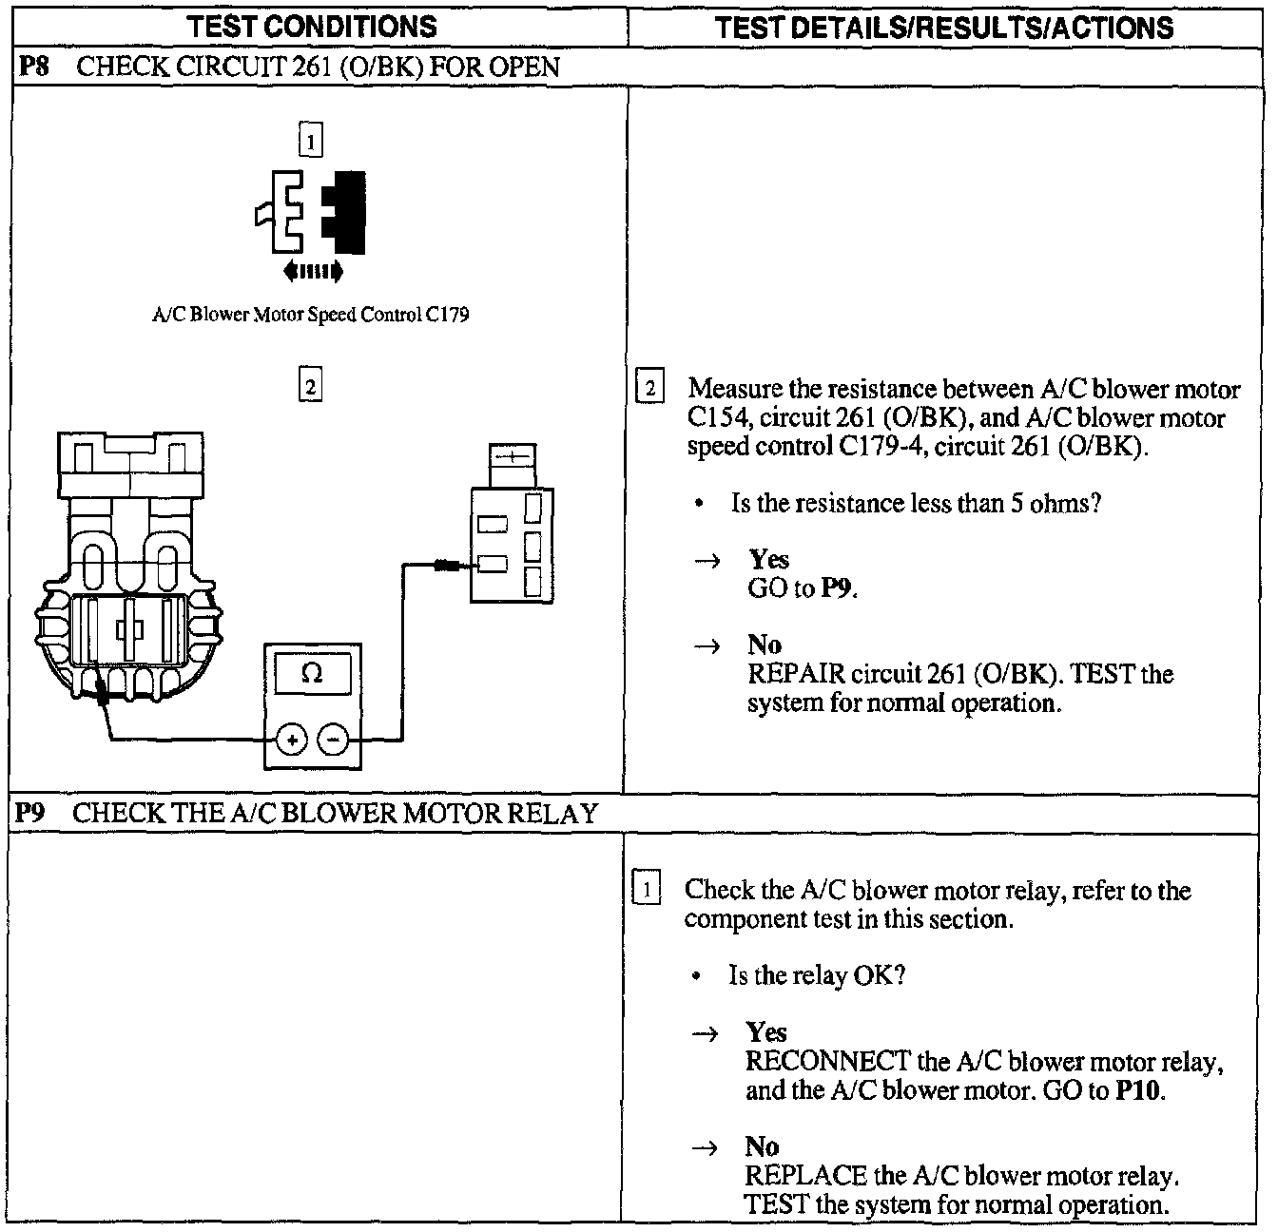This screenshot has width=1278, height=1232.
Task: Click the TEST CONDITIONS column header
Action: coord(312,27)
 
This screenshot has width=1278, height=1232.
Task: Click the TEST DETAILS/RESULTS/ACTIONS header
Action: coord(944,28)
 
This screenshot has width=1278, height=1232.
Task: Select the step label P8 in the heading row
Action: coord(34,67)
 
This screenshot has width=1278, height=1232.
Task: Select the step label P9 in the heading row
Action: coord(32,814)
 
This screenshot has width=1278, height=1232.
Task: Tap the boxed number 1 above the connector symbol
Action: coord(310,141)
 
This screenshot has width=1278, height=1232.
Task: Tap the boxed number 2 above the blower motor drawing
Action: coord(310,386)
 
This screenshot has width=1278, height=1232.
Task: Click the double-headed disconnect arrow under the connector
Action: coord(313,273)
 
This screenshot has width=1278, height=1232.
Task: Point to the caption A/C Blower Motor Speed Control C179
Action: coord(311,315)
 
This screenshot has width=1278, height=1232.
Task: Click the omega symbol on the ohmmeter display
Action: coord(311,673)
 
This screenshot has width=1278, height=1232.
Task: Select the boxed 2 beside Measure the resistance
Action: coord(649,388)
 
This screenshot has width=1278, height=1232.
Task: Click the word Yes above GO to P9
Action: coord(768,559)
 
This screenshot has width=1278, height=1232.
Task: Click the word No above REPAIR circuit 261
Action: coord(764,645)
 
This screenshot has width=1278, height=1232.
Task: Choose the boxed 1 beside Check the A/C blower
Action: coord(647,890)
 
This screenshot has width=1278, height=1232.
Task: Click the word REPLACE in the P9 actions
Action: coord(805,1176)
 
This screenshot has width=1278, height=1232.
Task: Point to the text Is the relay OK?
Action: coord(816,975)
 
